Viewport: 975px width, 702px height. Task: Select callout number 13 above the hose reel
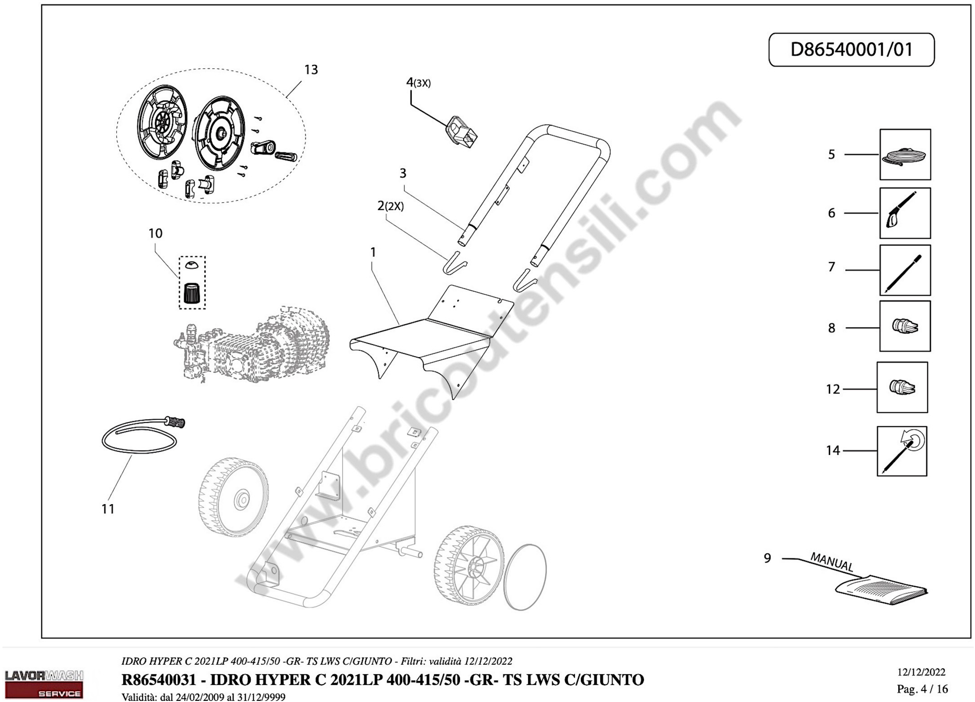[x=311, y=70]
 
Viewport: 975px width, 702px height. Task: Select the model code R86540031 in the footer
[x=159, y=680]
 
